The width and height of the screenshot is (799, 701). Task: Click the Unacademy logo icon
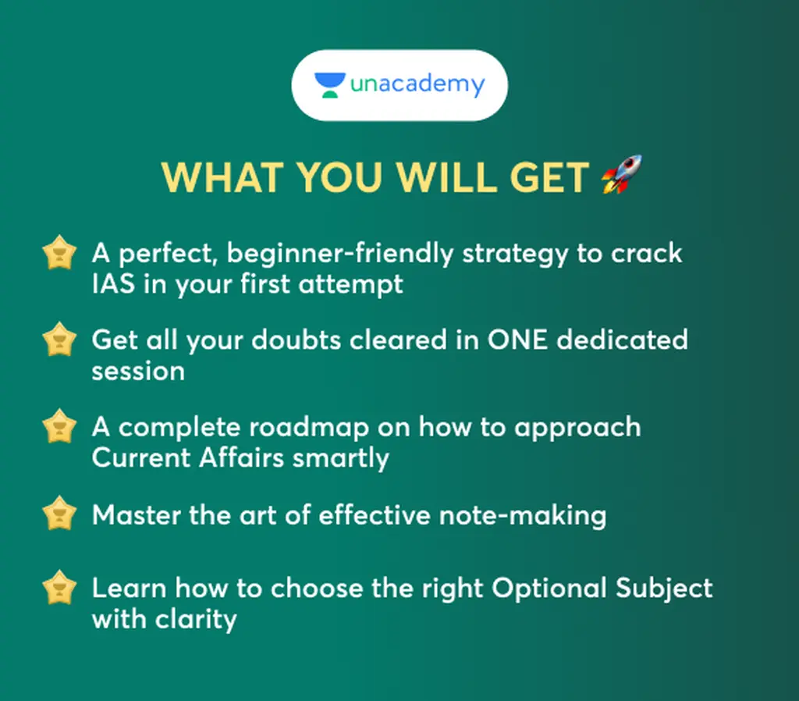click(x=330, y=85)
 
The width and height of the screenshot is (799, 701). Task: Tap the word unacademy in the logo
click(x=417, y=84)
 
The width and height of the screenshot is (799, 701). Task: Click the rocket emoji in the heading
click(x=622, y=174)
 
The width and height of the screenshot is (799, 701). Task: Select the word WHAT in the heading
click(x=222, y=177)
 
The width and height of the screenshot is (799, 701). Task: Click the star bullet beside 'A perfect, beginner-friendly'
click(x=59, y=252)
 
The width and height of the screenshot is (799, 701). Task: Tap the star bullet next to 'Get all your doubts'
click(x=59, y=339)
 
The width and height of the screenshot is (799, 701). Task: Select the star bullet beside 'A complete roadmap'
click(x=59, y=426)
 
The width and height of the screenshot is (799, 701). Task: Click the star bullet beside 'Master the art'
click(x=59, y=513)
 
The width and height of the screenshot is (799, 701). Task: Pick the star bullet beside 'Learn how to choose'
click(x=59, y=587)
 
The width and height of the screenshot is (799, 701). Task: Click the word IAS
click(x=113, y=284)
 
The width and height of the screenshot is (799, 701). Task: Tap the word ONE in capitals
click(x=517, y=340)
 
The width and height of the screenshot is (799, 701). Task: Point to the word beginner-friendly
click(x=340, y=254)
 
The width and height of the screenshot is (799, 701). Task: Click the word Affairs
click(x=241, y=457)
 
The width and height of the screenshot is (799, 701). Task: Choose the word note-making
click(x=523, y=515)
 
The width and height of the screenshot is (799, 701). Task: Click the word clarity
click(x=196, y=620)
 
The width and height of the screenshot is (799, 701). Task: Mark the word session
click(x=138, y=371)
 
